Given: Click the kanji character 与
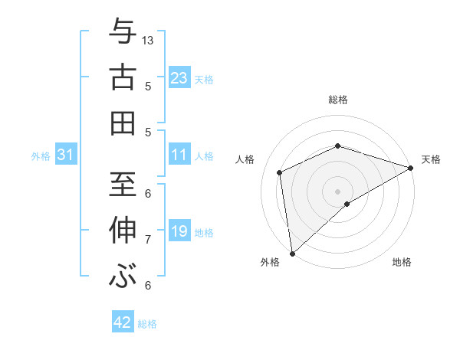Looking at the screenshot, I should pyautogui.click(x=122, y=31).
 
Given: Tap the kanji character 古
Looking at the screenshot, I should pyautogui.click(x=122, y=77).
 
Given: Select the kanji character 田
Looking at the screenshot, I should pyautogui.click(x=122, y=123).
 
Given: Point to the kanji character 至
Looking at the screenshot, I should pyautogui.click(x=122, y=185).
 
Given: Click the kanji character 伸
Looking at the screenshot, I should pyautogui.click(x=122, y=231).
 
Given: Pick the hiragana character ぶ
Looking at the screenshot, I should pyautogui.click(x=122, y=276).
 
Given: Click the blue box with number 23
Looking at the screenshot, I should pyautogui.click(x=179, y=77).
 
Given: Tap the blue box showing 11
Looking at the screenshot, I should pyautogui.click(x=179, y=155).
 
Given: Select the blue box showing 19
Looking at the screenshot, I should pyautogui.click(x=179, y=231).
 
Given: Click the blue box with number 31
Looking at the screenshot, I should pyautogui.click(x=66, y=155).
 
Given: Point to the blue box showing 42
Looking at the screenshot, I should pyautogui.click(x=123, y=322).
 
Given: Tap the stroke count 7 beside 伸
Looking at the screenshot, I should pyautogui.click(x=148, y=240).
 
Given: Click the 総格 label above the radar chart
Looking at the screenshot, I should pyautogui.click(x=338, y=100).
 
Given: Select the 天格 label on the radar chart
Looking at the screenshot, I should pyautogui.click(x=431, y=159).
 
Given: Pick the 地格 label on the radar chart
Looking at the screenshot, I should pyautogui.click(x=402, y=262).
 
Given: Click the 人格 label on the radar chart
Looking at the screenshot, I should pyautogui.click(x=245, y=159).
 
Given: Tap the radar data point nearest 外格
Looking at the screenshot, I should pyautogui.click(x=292, y=253).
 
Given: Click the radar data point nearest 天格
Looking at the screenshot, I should pyautogui.click(x=410, y=169).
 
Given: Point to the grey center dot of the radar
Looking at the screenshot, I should pyautogui.click(x=337, y=191).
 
